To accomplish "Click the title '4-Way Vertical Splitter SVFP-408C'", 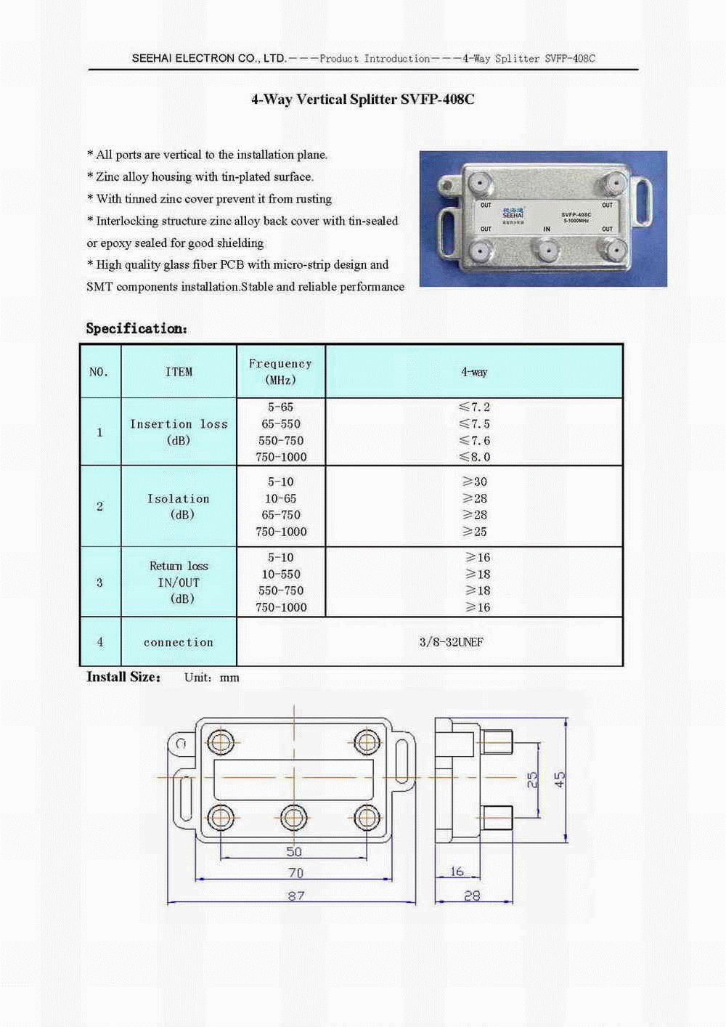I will pos(362,100).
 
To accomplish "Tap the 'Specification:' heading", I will pos(136,328).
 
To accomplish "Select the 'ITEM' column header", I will pos(179,372).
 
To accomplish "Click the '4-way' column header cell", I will pos(474,372).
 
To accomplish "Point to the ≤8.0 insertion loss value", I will pos(475,457).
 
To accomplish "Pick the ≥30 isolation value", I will pos(475,482).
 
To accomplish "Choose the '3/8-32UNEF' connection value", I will pos(451,642).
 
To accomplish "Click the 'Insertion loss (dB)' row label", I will pos(179,431).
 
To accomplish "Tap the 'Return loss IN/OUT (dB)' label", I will pos(179,582).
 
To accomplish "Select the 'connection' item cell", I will pos(179,642).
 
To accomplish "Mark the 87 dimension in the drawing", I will pos(296,896).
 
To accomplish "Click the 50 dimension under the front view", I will pos(294,851).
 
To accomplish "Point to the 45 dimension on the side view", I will pos(560,779).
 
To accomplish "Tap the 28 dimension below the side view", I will pos(472,896).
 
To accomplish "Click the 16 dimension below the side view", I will pos(457,872).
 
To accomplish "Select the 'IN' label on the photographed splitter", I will pos(547,230).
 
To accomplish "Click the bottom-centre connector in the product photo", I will pos(545,251).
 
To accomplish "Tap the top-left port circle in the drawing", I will pos(220,742).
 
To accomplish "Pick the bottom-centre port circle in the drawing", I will pos(294,818).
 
